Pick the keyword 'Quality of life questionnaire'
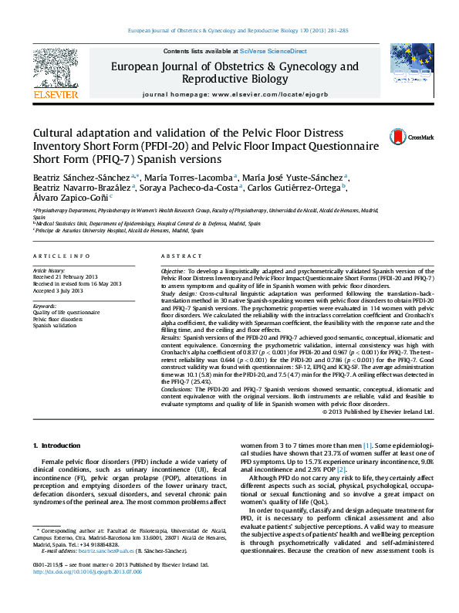coord(66,313)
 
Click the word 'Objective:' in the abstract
coord(174,273)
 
